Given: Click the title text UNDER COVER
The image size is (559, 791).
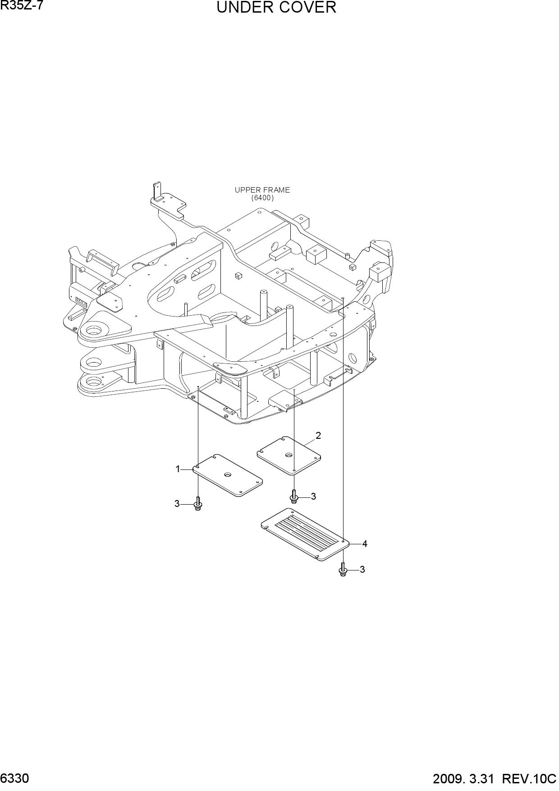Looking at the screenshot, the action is [276, 8].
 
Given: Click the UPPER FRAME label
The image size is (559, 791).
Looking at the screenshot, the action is [262, 190].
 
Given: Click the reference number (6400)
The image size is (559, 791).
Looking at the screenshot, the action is [262, 198].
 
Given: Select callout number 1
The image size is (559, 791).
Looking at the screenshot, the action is [178, 469].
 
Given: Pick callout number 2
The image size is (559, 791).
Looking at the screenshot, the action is [318, 436].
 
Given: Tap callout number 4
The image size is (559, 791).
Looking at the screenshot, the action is [365, 544].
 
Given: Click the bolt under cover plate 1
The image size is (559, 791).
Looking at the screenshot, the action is [198, 503].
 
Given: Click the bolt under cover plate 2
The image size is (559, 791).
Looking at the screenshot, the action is [294, 496].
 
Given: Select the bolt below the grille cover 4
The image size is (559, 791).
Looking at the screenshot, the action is [343, 569].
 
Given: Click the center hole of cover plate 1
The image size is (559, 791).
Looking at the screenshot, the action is [228, 475].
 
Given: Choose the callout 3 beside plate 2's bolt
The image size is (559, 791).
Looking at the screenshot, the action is [313, 497].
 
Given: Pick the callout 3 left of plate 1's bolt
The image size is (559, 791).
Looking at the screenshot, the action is [177, 504].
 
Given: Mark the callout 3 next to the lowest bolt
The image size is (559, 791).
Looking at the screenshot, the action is [362, 570].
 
